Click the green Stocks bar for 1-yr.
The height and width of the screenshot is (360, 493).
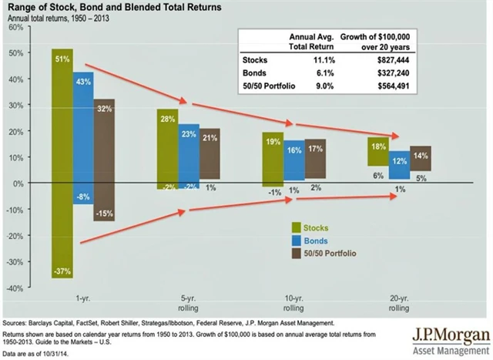[x=62, y=162]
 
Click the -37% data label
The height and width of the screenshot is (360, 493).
[x=62, y=271]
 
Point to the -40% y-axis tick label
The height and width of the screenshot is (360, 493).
[x=13, y=288]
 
